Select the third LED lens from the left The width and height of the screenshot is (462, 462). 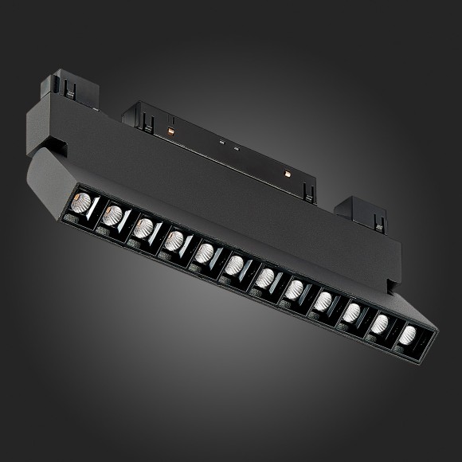[x=143, y=228]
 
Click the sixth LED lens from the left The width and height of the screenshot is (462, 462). [x=233, y=264]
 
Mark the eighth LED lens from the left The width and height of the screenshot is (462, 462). [x=294, y=288]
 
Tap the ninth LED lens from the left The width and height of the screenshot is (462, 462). [x=323, y=300]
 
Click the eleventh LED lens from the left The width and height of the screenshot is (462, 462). [x=380, y=323]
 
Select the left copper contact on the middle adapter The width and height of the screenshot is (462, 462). [x=171, y=127]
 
